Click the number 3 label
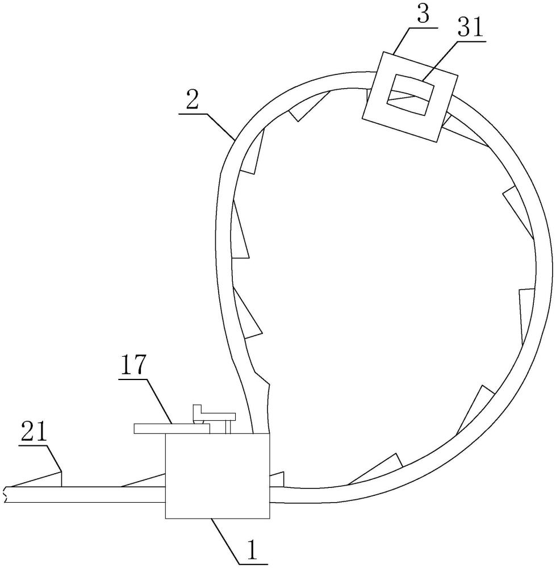pyautogui.click(x=423, y=14)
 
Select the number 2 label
pyautogui.click(x=193, y=101)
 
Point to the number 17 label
pyautogui.click(x=133, y=366)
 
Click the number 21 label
pyautogui.click(x=34, y=432)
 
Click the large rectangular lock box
pyautogui.click(x=218, y=476)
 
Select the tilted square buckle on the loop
pyautogui.click(x=410, y=97)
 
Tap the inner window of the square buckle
pyautogui.click(x=411, y=95)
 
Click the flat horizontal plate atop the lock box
pyautogui.click(x=172, y=429)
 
